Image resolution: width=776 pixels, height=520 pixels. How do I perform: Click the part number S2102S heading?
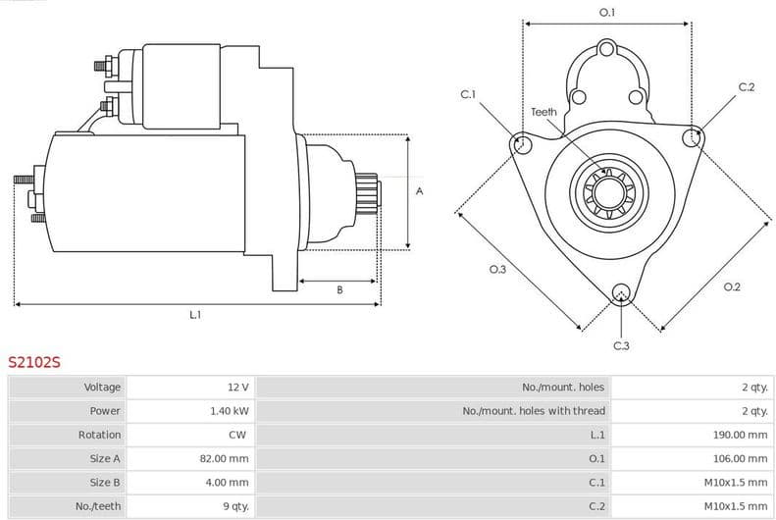click(34, 362)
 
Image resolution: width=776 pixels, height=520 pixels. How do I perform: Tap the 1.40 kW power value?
click(230, 411)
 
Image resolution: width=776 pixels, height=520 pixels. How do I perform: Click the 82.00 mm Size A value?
click(226, 458)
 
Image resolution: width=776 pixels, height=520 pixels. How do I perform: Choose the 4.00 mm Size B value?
click(229, 482)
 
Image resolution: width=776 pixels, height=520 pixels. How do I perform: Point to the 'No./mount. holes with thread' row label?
click(534, 411)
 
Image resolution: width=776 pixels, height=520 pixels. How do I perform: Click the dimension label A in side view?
click(419, 191)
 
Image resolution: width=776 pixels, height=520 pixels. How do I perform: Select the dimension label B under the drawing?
click(339, 290)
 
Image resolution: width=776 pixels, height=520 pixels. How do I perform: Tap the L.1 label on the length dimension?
click(195, 315)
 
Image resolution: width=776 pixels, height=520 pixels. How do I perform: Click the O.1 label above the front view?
click(607, 13)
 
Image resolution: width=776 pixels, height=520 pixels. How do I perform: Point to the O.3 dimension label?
click(497, 270)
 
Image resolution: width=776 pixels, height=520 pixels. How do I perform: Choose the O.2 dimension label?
click(731, 286)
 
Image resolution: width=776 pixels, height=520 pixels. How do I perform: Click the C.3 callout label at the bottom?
click(621, 345)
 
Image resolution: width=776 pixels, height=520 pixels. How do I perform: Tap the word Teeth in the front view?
click(543, 112)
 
